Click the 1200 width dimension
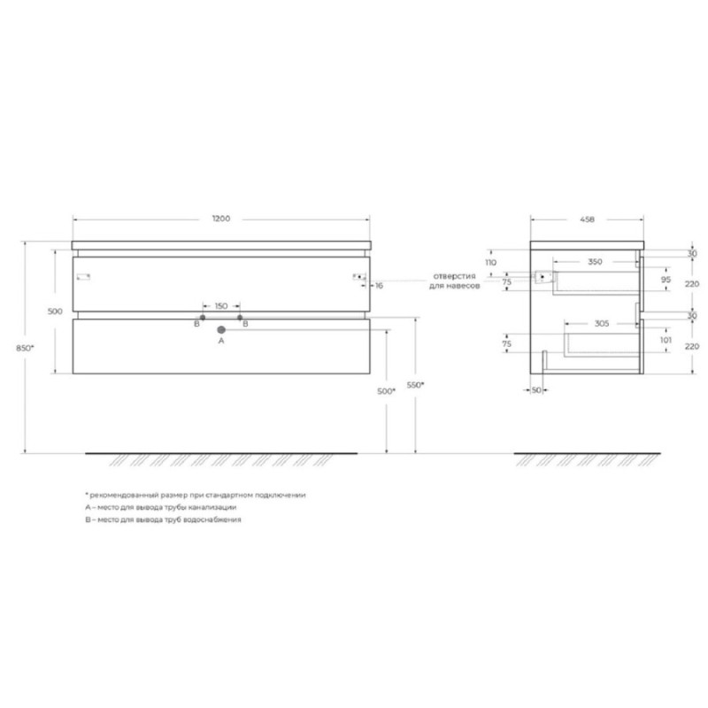pyautogui.click(x=221, y=219)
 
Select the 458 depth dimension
pyautogui.click(x=587, y=219)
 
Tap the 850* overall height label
pyautogui.click(x=26, y=348)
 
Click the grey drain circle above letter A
pyautogui.click(x=221, y=329)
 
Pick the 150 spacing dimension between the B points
pyautogui.click(x=221, y=306)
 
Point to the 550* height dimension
pyautogui.click(x=415, y=385)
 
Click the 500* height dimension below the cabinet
pyautogui.click(x=387, y=391)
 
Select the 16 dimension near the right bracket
pyautogui.click(x=379, y=285)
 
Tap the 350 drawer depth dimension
pyautogui.click(x=595, y=262)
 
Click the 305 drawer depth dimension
pyautogui.click(x=602, y=323)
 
